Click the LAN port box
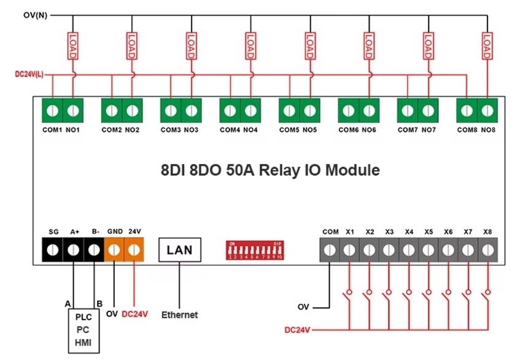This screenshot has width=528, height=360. tap(179, 249)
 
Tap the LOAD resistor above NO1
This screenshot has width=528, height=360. tap(72, 46)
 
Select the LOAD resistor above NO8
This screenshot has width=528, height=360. tap(487, 46)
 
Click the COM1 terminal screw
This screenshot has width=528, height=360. tap(53, 111)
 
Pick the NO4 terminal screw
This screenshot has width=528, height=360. tap(250, 111)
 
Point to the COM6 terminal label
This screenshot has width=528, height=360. tap(348, 130)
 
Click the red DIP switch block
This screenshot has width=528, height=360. tap(255, 250)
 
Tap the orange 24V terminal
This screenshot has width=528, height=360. tap(134, 250)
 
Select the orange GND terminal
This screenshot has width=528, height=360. tap(114, 250)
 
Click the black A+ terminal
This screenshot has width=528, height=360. tap(73, 250)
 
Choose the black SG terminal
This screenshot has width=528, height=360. tap(53, 250)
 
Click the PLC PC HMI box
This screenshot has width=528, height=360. tap(83, 330)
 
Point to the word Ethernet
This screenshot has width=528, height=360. tap(179, 315)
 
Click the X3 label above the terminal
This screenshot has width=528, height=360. tap(389, 232)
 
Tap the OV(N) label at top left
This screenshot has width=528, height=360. tap(34, 14)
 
